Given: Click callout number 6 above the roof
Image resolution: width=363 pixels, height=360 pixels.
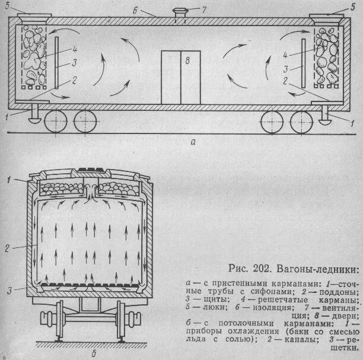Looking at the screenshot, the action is (153, 9).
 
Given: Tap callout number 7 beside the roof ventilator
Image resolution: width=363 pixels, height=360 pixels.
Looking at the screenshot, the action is (205, 10).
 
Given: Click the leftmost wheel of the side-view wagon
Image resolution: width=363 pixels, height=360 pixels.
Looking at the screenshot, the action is (55, 123).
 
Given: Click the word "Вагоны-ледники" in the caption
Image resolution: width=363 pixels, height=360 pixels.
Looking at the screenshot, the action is (300, 272).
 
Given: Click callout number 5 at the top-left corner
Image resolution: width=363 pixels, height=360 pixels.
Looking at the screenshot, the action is (7, 7).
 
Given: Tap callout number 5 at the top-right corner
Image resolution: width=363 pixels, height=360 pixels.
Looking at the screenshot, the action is (354, 7).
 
